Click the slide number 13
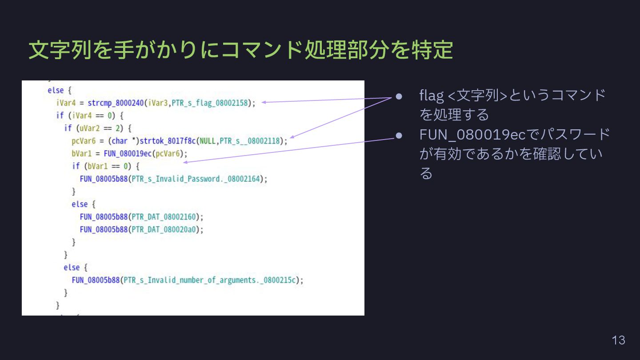(x=618, y=340)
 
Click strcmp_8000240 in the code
(x=116, y=103)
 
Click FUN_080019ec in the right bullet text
(x=472, y=134)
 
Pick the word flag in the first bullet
(x=432, y=95)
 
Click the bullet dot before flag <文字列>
(x=399, y=96)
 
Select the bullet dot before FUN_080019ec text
(x=399, y=135)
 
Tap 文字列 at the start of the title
(x=60, y=50)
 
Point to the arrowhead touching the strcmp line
(x=264, y=103)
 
